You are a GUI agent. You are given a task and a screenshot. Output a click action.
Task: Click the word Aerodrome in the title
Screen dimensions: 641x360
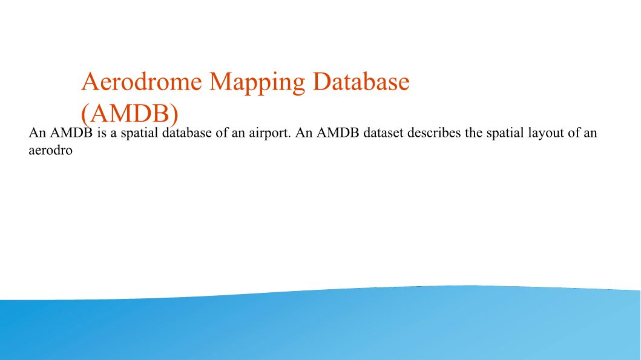click(x=142, y=81)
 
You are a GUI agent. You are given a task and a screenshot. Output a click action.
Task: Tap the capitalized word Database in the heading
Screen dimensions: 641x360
click(x=361, y=81)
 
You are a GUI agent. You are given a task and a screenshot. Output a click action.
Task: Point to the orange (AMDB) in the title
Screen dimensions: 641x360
click(x=130, y=113)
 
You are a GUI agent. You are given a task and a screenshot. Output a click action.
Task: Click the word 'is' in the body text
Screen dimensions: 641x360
click(x=101, y=133)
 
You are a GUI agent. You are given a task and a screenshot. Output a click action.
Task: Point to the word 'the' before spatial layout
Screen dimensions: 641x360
click(x=473, y=133)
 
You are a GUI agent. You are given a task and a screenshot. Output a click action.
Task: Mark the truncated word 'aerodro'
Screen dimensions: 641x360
click(x=51, y=151)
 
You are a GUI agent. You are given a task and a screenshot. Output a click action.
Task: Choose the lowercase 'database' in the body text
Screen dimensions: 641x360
click(x=187, y=133)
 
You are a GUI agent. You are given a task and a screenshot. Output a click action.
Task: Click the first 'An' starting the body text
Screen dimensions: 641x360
click(x=37, y=133)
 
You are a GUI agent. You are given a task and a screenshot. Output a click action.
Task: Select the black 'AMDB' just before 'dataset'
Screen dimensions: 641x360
click(x=338, y=133)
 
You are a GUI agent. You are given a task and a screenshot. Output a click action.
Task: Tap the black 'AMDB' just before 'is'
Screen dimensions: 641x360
click(x=71, y=133)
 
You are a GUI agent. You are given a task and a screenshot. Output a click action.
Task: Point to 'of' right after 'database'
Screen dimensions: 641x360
click(x=221, y=133)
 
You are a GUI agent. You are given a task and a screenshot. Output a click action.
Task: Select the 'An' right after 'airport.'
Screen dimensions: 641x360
click(x=304, y=133)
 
